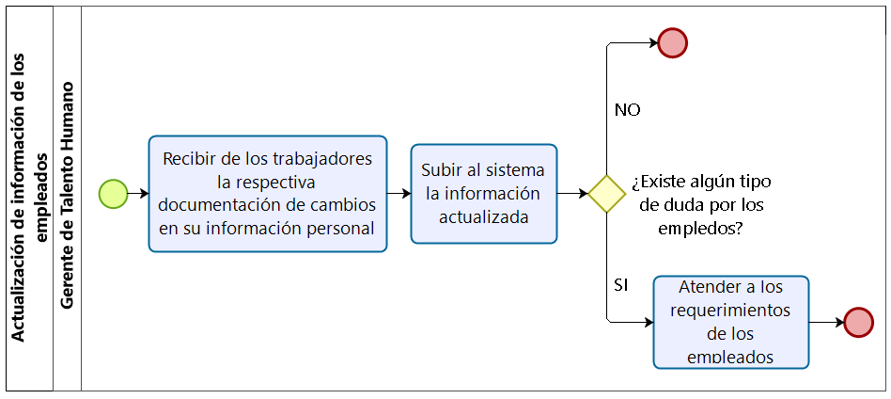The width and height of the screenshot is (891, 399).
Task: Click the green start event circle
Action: [113, 193]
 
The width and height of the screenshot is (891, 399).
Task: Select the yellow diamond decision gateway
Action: [606, 194]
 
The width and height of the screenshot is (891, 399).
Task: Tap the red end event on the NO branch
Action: [673, 42]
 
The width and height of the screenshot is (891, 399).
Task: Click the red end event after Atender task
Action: [858, 322]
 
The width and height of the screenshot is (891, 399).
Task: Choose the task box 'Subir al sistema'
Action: [484, 193]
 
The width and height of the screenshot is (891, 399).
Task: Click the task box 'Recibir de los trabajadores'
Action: [268, 193]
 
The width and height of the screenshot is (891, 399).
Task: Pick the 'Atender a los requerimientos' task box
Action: [730, 322]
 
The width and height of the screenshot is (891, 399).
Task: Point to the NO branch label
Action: [627, 110]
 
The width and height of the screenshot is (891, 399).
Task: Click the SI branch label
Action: [620, 284]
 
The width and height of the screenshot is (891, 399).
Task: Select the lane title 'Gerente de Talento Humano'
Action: [68, 196]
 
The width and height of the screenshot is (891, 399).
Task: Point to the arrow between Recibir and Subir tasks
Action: [399, 193]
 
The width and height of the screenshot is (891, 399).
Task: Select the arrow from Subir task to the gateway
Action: [572, 194]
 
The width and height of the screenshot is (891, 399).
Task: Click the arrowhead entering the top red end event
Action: [652, 42]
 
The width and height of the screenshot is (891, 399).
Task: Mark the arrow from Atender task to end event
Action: [826, 322]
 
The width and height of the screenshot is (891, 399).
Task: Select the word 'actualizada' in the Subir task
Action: [484, 216]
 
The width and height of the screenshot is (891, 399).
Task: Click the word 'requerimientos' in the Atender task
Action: [730, 310]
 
